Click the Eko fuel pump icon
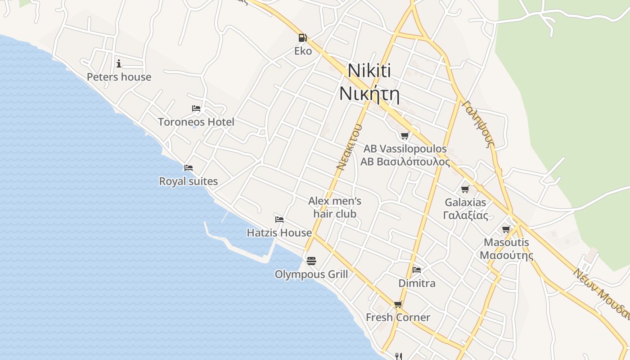pyautogui.click(x=303, y=38)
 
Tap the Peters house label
pyautogui.click(x=119, y=77)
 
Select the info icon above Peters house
pyautogui.click(x=119, y=63)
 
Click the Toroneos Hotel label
pyautogui.click(x=196, y=122)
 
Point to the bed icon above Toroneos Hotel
pyautogui.click(x=196, y=108)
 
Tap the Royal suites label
pyautogui.click(x=189, y=181)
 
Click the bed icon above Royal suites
pyautogui.click(x=189, y=168)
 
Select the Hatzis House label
pyautogui.click(x=279, y=233)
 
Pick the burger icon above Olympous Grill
pyautogui.click(x=311, y=261)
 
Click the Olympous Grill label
pyautogui.click(x=311, y=274)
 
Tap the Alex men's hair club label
pyautogui.click(x=335, y=207)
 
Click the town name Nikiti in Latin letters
pyautogui.click(x=369, y=71)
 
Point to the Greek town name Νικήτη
pyautogui.click(x=369, y=94)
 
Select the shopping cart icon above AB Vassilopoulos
pyautogui.click(x=405, y=135)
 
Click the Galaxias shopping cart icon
pyautogui.click(x=465, y=189)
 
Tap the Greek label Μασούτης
pyautogui.click(x=506, y=256)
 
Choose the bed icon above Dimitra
pyautogui.click(x=417, y=270)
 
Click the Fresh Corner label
pyautogui.click(x=398, y=317)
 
